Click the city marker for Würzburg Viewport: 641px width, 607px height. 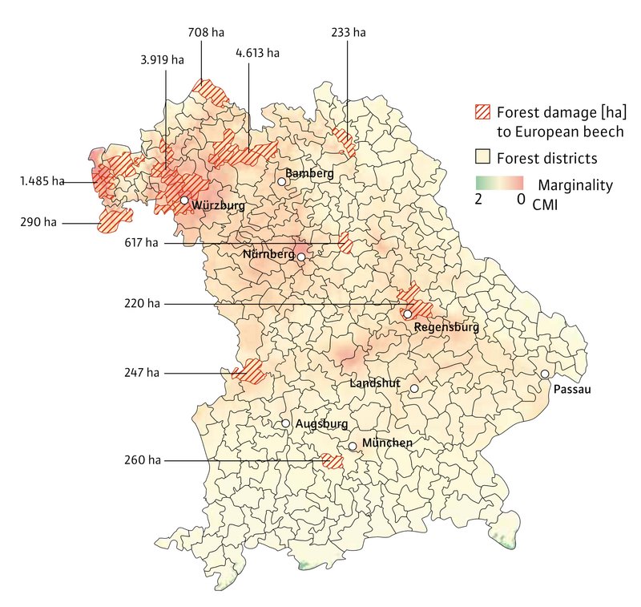(184, 200)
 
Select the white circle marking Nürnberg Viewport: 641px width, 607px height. (301, 257)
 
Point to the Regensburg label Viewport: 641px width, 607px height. (447, 327)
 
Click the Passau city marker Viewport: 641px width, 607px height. (545, 374)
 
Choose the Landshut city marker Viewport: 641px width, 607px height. (414, 389)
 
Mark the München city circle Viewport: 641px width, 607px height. (353, 447)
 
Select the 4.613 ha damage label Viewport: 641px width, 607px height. (257, 53)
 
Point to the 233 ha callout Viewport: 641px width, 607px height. (348, 32)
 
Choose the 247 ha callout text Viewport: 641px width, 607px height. (143, 373)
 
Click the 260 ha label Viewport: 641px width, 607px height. (143, 460)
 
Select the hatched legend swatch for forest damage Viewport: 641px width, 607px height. (483, 111)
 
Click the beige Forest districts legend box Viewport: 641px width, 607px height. (483, 156)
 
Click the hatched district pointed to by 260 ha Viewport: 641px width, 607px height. (332, 461)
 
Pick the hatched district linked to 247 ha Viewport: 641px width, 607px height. (249, 370)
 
